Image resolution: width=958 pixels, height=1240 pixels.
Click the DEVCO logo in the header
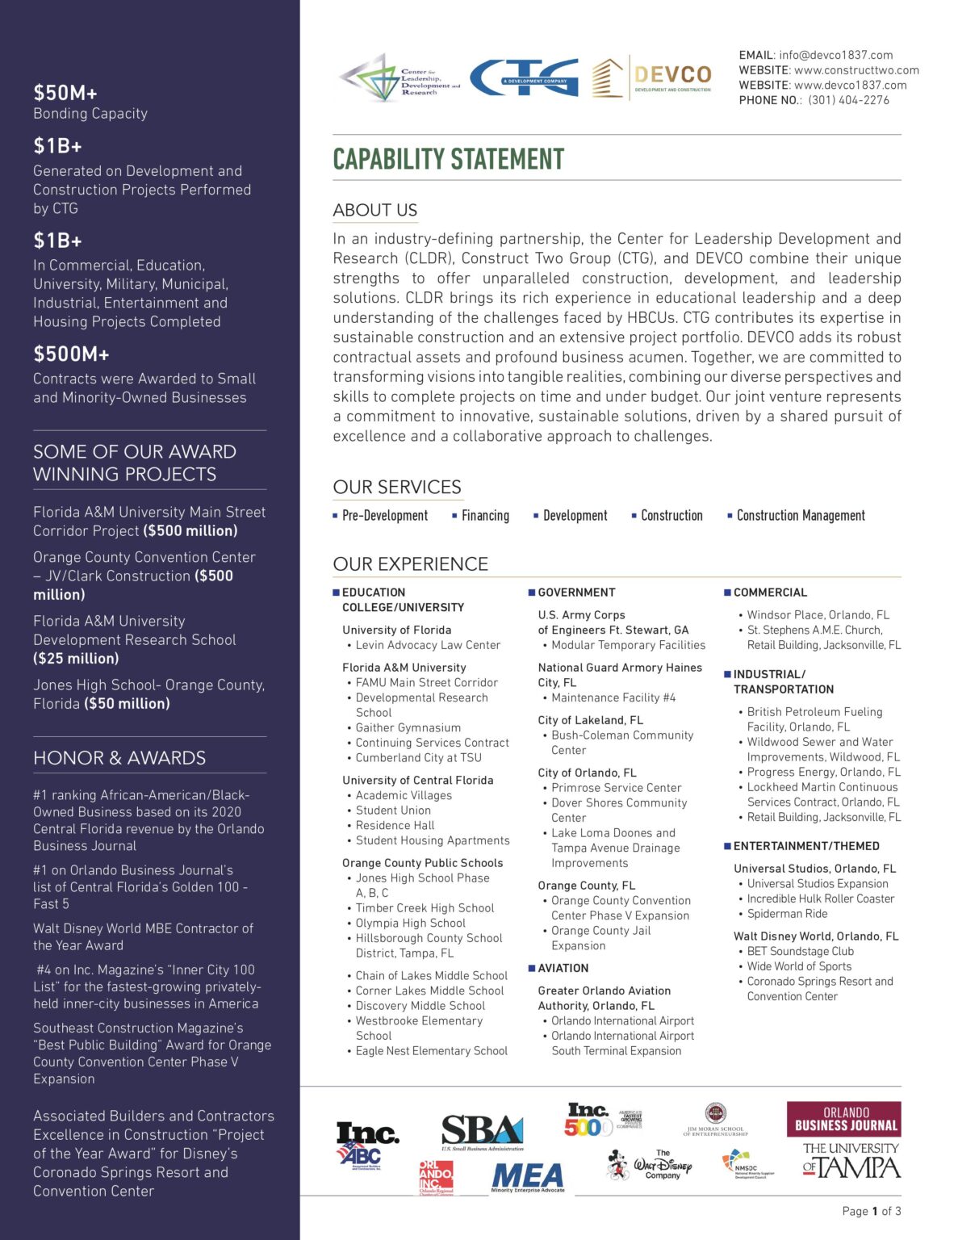(652, 78)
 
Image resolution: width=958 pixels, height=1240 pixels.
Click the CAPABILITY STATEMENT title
(448, 159)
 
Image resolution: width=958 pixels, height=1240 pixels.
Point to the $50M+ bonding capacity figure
(65, 93)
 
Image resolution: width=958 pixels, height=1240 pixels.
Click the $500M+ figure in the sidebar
(71, 354)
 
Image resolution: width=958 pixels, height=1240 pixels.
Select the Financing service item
(485, 516)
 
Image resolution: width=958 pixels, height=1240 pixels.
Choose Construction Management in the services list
(800, 516)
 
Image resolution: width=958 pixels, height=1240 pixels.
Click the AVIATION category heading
(563, 968)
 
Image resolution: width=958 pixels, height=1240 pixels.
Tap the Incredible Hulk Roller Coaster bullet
(820, 899)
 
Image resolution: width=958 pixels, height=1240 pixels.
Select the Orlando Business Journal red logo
(844, 1119)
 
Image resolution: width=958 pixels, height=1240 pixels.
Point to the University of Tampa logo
(851, 1161)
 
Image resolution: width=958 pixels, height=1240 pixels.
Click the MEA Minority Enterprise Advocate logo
(528, 1177)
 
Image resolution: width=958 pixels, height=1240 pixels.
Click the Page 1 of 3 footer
(871, 1211)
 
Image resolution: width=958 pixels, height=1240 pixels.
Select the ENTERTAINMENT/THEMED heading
(805, 846)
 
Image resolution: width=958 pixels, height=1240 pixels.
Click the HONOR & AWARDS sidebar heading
(119, 758)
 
